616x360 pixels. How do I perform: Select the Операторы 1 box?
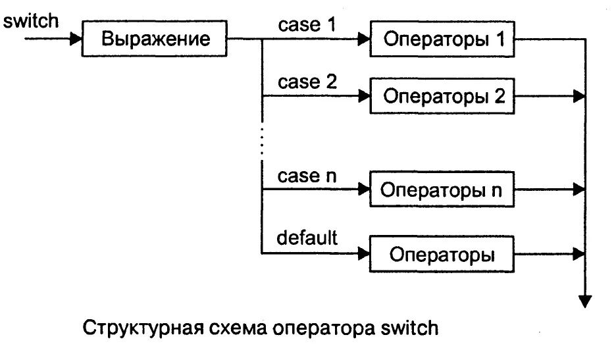click(443, 40)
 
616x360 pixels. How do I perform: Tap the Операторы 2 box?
click(443, 97)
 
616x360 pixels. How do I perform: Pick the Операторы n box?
click(443, 192)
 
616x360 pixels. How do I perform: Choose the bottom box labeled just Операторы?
click(443, 253)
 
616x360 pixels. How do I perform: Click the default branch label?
click(307, 238)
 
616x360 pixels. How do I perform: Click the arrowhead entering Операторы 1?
click(363, 40)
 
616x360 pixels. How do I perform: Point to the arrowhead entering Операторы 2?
click(363, 97)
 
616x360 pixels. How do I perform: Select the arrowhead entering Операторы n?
click(363, 192)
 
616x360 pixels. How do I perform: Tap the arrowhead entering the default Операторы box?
click(363, 253)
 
